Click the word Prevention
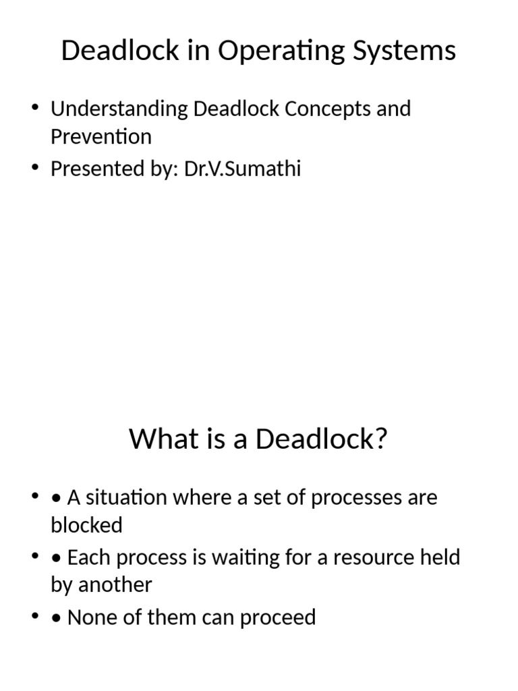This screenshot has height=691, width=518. pos(101,137)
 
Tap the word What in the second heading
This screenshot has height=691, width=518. pos(156,440)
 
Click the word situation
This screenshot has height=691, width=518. pos(125,497)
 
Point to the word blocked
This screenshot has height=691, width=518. pos(86,525)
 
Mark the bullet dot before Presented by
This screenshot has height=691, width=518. pos(34,168)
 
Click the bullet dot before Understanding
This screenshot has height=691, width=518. pos(34,109)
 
